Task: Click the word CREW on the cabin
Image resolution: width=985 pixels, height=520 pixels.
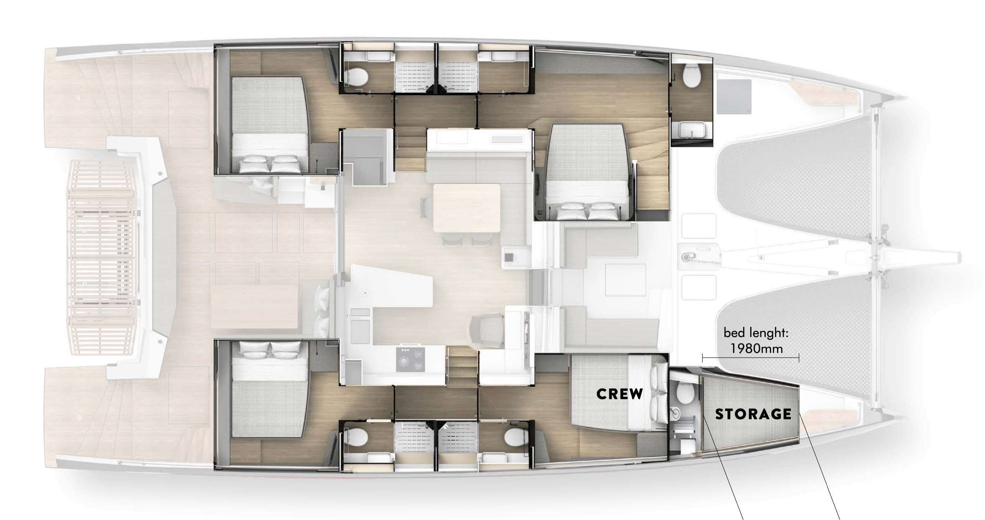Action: [619, 394]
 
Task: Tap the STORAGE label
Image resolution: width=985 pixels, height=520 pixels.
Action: [753, 414]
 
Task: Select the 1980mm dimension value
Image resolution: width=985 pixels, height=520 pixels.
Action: [757, 348]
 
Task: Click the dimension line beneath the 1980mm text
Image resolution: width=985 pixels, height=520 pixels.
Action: [751, 358]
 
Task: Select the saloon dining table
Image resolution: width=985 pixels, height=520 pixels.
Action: [467, 208]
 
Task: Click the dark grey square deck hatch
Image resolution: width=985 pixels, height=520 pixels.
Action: [734, 97]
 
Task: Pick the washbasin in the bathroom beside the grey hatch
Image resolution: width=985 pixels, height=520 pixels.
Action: [691, 129]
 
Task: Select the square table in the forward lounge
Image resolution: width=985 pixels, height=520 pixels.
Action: [625, 282]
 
